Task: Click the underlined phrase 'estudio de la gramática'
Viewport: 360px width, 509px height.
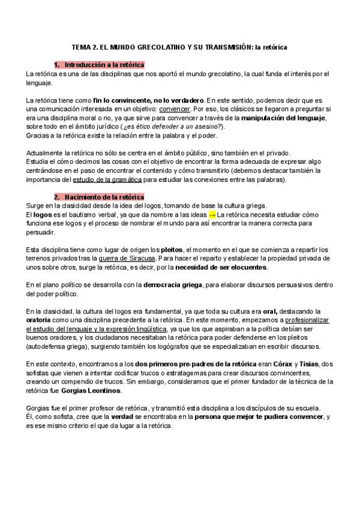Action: coord(107,179)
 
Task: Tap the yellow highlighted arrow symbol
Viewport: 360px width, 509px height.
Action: coord(212,214)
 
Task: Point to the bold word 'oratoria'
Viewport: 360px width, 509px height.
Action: coord(41,321)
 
